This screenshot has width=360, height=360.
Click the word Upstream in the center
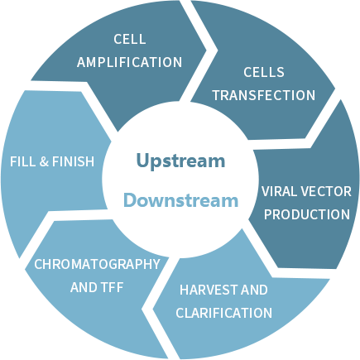pyautogui.click(x=180, y=161)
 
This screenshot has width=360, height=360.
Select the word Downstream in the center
pyautogui.click(x=180, y=200)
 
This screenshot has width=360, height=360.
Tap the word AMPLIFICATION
pyautogui.click(x=129, y=62)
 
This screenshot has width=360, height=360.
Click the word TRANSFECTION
pyautogui.click(x=264, y=95)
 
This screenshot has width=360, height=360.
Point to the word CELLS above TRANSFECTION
pyautogui.click(x=264, y=72)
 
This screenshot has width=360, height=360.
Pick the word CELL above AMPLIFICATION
pyautogui.click(x=130, y=39)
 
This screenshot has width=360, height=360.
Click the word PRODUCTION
pyautogui.click(x=307, y=214)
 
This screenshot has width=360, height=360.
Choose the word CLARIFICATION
pyautogui.click(x=224, y=313)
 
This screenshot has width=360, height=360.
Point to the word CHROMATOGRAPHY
pyautogui.click(x=97, y=264)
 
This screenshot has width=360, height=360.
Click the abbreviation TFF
pyautogui.click(x=112, y=287)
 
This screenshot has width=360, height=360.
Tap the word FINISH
pyautogui.click(x=73, y=161)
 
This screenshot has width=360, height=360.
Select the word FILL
pyautogui.click(x=23, y=161)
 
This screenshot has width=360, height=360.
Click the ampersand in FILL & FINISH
pyautogui.click(x=44, y=161)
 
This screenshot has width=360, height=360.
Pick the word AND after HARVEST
pyautogui.click(x=254, y=290)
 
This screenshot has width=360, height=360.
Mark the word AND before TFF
pyautogui.click(x=84, y=287)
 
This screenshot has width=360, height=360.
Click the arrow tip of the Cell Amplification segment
pyautogui.click(x=206, y=50)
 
